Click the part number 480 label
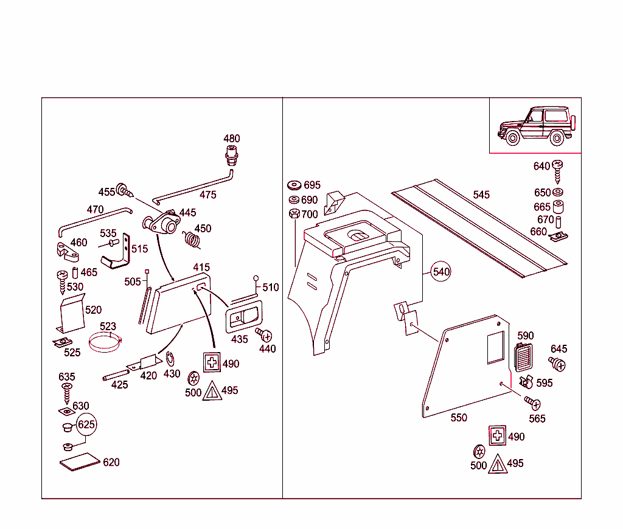coord(232,139)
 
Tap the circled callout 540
coord(441,271)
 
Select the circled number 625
coord(86,424)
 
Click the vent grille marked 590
coord(523,357)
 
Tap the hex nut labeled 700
coord(294,215)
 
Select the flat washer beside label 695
coord(294,185)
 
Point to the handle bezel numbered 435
coord(243,317)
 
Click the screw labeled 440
coord(264,334)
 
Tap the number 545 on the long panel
coord(481,195)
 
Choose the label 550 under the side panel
coord(459,418)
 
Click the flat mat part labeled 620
coord(80,462)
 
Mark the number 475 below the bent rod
coord(207,195)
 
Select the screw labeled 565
coord(532,403)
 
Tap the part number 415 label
coord(201,267)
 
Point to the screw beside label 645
coord(557,364)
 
